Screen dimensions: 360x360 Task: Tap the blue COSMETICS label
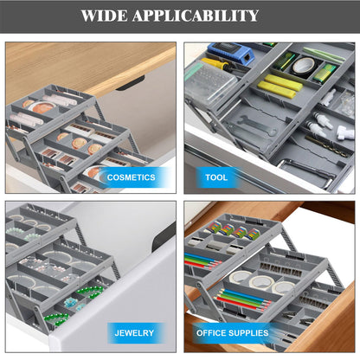[132, 177]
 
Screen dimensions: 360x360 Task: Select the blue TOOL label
[215, 177]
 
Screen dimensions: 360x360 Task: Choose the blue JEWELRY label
[134, 332]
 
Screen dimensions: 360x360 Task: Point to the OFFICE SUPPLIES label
[230, 332]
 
